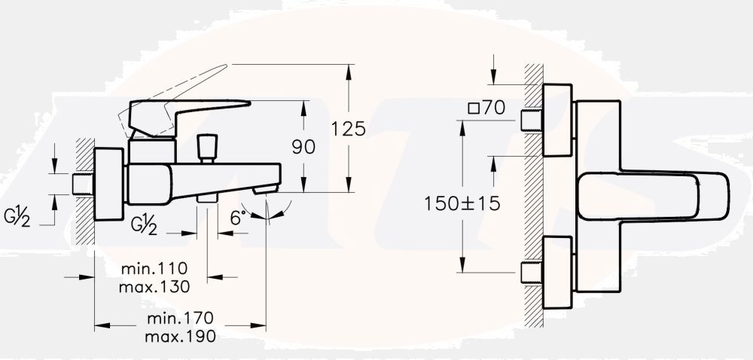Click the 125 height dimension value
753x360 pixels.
point(348,129)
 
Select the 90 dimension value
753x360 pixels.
point(303,147)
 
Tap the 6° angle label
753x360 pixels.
point(238,218)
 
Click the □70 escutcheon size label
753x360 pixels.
point(486,108)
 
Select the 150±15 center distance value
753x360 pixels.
point(461,203)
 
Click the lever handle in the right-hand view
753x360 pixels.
point(655,196)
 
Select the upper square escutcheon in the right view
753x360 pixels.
point(557,121)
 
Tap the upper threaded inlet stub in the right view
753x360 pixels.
point(532,121)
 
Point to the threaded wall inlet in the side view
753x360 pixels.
point(82,184)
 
